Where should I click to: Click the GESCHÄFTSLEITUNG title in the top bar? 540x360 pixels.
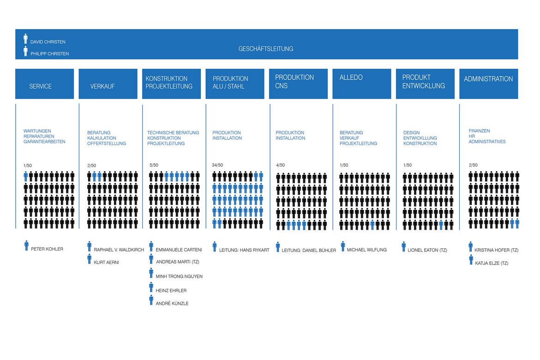(x=265, y=48)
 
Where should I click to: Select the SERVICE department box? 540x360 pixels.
(x=44, y=84)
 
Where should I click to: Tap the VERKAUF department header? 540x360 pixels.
(x=108, y=84)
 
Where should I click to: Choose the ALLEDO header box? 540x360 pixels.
(x=361, y=84)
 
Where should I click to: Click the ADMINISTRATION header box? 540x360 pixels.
(x=489, y=84)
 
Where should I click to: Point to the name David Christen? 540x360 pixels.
(x=48, y=42)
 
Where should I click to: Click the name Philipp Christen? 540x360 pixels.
(x=49, y=54)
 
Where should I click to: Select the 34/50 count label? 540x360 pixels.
(x=217, y=165)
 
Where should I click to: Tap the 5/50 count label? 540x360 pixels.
(x=154, y=165)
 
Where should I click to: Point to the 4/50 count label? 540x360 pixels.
(x=280, y=165)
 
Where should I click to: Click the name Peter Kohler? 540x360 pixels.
(x=47, y=249)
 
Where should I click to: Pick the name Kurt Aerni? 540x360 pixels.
(x=107, y=262)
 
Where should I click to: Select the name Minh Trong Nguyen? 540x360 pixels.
(x=179, y=276)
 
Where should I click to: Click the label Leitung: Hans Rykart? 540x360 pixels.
(x=244, y=250)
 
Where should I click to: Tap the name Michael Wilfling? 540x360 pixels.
(x=367, y=250)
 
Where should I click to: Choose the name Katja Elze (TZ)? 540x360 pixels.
(x=492, y=263)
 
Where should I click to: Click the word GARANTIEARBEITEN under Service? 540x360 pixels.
(x=44, y=142)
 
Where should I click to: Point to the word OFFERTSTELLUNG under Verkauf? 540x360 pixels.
(x=107, y=144)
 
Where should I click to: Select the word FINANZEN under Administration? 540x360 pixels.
(x=479, y=131)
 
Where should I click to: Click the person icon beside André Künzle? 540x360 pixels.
(x=151, y=300)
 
